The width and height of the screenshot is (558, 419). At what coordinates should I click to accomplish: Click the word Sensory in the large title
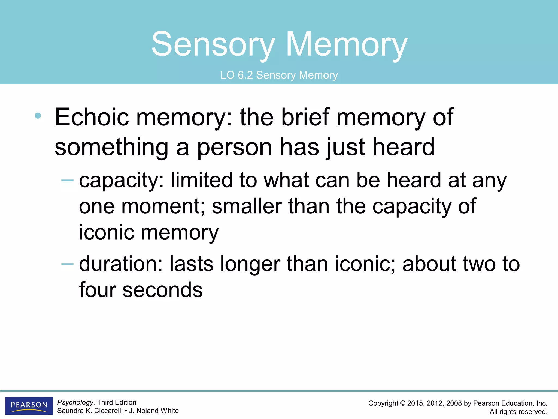tap(213, 44)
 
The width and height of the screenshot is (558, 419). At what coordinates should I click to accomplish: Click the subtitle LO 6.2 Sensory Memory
tap(279, 75)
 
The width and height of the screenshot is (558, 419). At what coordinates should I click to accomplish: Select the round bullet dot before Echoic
tap(38, 116)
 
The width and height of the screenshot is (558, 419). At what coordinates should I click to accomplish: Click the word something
tap(111, 148)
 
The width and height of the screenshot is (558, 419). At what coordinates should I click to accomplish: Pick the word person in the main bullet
tap(234, 148)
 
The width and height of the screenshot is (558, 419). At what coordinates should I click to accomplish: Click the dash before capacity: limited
tap(67, 180)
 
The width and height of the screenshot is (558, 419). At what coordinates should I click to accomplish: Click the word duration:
tap(121, 264)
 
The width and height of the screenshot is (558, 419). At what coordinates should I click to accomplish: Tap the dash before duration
tap(67, 264)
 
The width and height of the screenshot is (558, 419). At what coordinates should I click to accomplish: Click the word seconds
tap(162, 290)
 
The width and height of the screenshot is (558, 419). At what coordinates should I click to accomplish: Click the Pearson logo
tap(29, 405)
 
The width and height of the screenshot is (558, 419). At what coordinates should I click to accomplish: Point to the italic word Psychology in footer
tap(75, 402)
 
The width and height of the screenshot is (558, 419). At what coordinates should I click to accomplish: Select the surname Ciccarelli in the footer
tap(108, 411)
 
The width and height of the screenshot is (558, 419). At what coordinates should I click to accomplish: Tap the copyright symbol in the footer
tap(402, 403)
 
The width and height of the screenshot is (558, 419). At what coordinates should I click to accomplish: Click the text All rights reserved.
tap(518, 412)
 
